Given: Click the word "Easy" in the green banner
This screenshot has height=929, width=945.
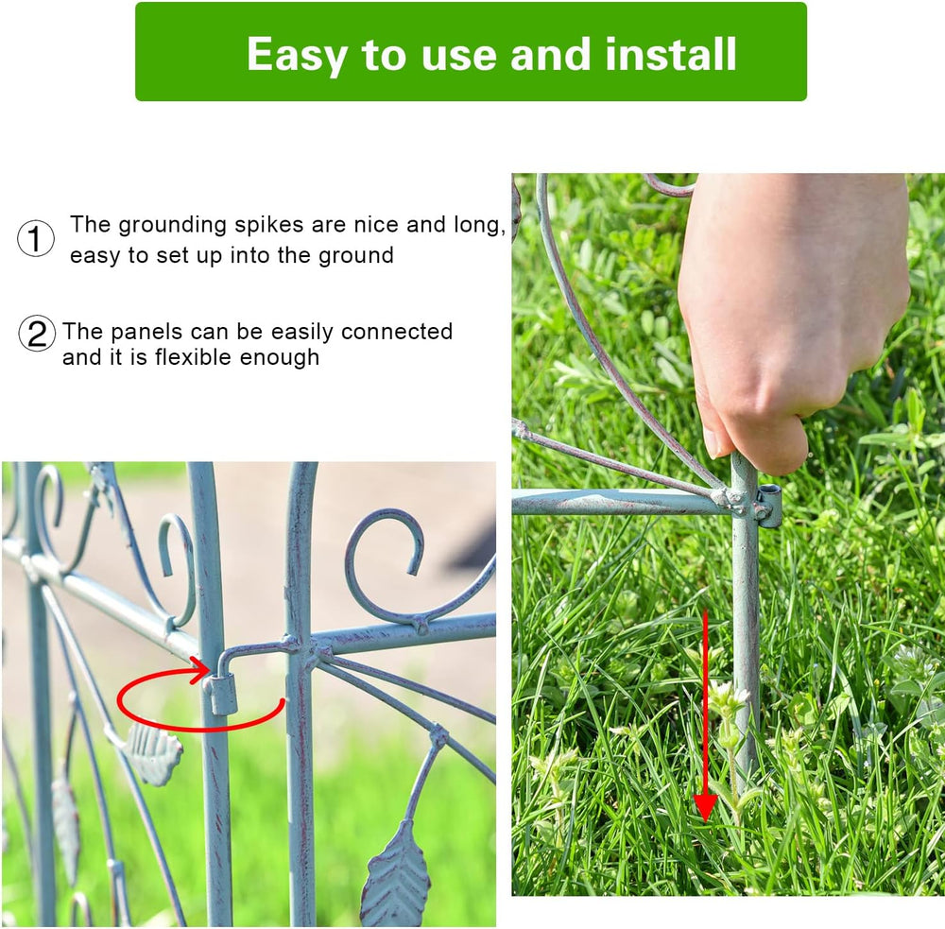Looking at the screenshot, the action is click(x=297, y=56).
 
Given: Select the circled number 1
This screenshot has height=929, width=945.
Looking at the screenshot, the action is click(x=36, y=238).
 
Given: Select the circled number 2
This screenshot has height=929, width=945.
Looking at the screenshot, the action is click(x=37, y=334).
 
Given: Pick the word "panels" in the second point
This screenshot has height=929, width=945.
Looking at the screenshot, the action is click(x=146, y=332).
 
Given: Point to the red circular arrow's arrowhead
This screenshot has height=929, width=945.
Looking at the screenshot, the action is click(x=200, y=670).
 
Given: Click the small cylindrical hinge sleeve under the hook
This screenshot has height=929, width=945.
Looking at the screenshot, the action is click(x=223, y=695).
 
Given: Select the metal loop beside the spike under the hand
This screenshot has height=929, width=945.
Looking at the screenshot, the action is click(x=769, y=507).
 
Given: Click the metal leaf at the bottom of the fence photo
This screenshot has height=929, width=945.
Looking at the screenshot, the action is click(x=396, y=874).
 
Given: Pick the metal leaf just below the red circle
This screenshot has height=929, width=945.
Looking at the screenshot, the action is click(x=152, y=753).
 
